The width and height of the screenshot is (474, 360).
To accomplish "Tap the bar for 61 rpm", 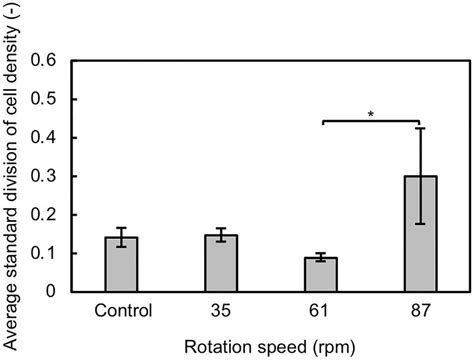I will tap(322, 275).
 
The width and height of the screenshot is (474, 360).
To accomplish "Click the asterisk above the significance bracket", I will tap(371, 114).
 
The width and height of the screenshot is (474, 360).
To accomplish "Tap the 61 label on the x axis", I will tap(322, 309).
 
